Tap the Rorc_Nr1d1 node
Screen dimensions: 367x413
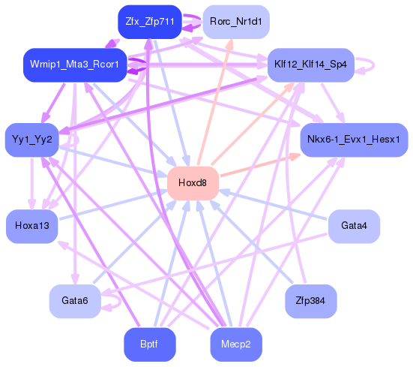pyautogui.click(x=235, y=22)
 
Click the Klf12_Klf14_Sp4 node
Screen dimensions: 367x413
pyautogui.click(x=310, y=65)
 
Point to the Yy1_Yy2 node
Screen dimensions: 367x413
pyautogui.click(x=31, y=139)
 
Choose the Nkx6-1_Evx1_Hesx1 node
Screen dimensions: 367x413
pyautogui.click(x=353, y=140)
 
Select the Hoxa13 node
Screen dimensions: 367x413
pyautogui.click(x=31, y=226)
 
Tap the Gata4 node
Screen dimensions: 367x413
pyautogui.click(x=353, y=225)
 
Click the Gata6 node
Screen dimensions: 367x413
pyautogui.click(x=74, y=300)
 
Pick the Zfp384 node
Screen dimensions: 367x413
pyautogui.click(x=310, y=300)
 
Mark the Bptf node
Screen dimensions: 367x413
pyautogui.click(x=150, y=344)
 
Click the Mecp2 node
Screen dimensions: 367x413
pyautogui.click(x=235, y=344)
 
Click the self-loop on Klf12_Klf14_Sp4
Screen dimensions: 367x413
pyautogui.click(x=368, y=65)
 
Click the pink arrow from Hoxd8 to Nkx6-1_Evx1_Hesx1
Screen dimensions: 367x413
pyautogui.click(x=259, y=165)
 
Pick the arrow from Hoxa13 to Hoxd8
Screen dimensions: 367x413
pyautogui.click(x=112, y=204)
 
